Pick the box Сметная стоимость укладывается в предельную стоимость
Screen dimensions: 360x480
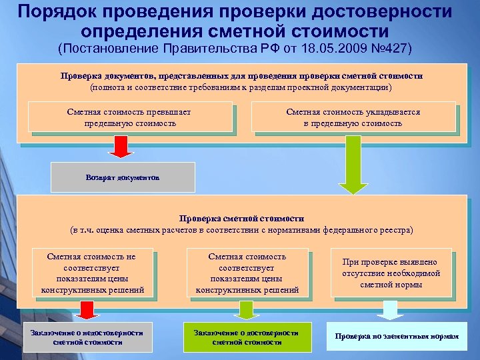[353, 117]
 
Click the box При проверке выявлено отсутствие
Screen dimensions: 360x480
[391, 273]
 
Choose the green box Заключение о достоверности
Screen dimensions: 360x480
[247, 337]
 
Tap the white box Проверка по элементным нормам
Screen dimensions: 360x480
[397, 337]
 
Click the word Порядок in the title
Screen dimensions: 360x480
[58, 11]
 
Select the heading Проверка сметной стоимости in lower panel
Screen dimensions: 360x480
[241, 219]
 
